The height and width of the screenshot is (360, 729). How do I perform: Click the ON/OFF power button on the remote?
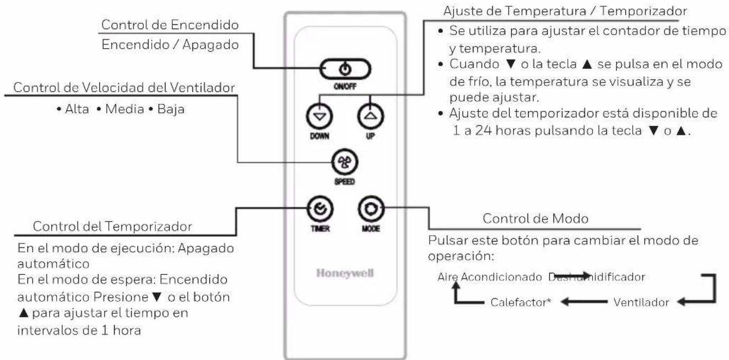(x=345, y=69)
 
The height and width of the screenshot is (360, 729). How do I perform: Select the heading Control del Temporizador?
(x=113, y=226)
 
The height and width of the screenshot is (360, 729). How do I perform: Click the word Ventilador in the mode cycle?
(x=642, y=303)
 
